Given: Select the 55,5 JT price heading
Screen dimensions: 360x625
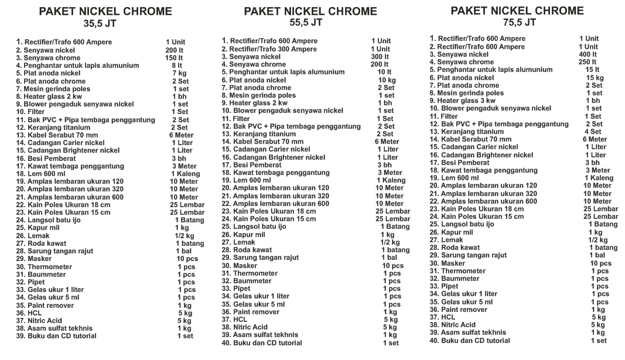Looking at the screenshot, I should (x=306, y=23).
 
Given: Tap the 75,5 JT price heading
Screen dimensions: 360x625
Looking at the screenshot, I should (x=520, y=23).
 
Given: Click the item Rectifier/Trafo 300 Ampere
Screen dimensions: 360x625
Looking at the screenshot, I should (x=269, y=49).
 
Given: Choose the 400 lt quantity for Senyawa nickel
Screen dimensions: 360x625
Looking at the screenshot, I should (x=588, y=54).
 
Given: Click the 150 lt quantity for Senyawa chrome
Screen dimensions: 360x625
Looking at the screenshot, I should (x=174, y=58).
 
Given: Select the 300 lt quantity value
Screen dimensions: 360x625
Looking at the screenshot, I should (x=380, y=57).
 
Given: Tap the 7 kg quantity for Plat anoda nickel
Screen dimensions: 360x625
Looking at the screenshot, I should (x=179, y=73).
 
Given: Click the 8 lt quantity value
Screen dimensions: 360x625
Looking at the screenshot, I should (x=177, y=66).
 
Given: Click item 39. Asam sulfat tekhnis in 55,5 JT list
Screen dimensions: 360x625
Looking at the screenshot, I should (x=259, y=335).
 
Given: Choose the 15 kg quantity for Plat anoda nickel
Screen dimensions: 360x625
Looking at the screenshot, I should (x=595, y=78).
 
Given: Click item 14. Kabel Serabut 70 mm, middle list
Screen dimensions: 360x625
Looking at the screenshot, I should (x=262, y=142).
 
